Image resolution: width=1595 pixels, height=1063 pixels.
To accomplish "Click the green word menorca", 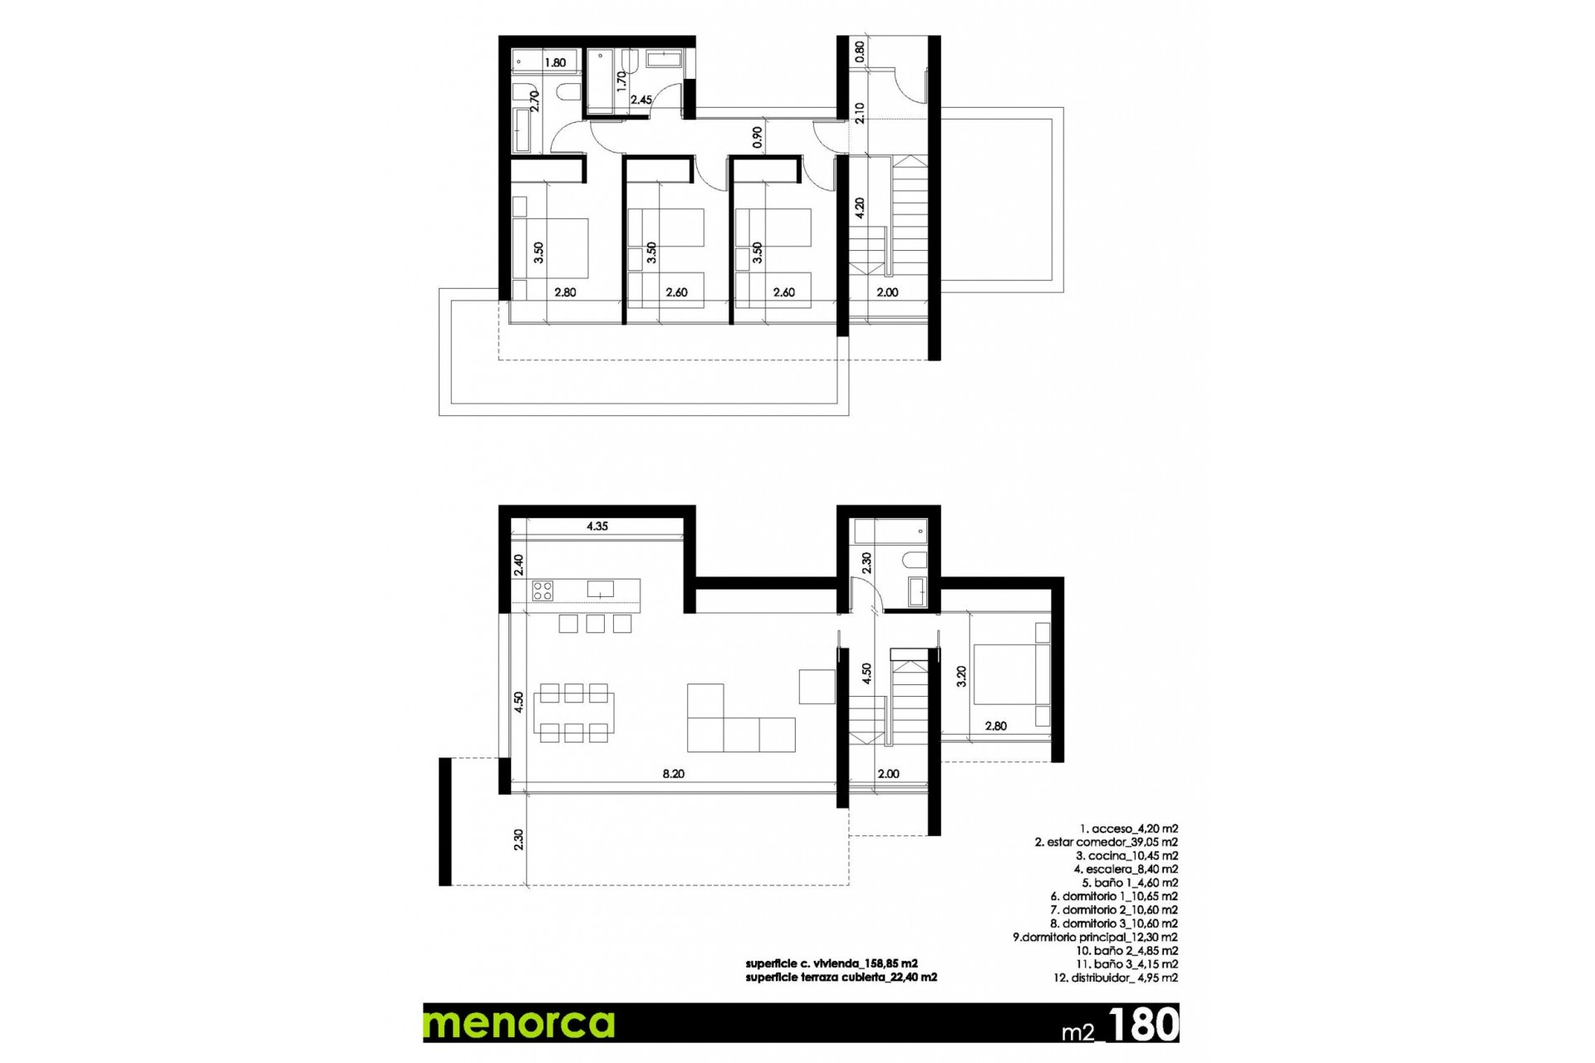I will pyautogui.click(x=519, y=1023).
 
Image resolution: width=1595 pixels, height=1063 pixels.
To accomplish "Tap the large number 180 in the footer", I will pyautogui.click(x=1143, y=1025).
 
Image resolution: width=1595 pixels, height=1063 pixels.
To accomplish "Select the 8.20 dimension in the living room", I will pyautogui.click(x=673, y=774).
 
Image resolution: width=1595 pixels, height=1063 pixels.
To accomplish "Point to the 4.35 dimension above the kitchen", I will pyautogui.click(x=596, y=526).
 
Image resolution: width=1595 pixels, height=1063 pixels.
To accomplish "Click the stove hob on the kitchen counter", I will pyautogui.click(x=542, y=590).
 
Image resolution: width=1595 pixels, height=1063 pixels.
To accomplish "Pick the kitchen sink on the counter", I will pyautogui.click(x=600, y=589).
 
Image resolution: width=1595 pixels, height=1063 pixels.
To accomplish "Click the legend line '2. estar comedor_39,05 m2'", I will pyautogui.click(x=1106, y=842).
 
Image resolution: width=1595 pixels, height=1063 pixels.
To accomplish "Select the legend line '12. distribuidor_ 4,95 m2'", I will pyautogui.click(x=1115, y=977).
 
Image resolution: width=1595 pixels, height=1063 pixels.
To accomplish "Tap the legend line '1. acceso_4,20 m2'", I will pyautogui.click(x=1128, y=829).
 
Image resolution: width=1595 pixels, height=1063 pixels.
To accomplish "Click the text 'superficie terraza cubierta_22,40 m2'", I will pyautogui.click(x=841, y=977).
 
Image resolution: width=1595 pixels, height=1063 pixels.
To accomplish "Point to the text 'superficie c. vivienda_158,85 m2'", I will pyautogui.click(x=831, y=963).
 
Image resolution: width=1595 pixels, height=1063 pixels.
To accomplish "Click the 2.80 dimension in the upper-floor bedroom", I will pyautogui.click(x=565, y=292).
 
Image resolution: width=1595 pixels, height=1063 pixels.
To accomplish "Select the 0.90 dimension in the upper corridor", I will pyautogui.click(x=757, y=137).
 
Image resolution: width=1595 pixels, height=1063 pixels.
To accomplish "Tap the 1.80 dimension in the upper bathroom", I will pyautogui.click(x=555, y=62).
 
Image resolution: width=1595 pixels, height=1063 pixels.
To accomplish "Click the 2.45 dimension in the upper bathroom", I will pyautogui.click(x=640, y=100).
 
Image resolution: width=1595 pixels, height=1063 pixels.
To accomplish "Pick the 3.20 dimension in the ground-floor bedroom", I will pyautogui.click(x=961, y=676).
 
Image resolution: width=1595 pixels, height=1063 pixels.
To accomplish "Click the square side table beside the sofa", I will pyautogui.click(x=817, y=687).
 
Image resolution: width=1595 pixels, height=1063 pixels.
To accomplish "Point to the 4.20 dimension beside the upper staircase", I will pyautogui.click(x=860, y=208).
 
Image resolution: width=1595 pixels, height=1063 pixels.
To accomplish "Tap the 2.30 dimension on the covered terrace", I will pyautogui.click(x=518, y=840).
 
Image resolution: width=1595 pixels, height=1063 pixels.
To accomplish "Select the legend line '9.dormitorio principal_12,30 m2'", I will pyautogui.click(x=1094, y=937).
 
